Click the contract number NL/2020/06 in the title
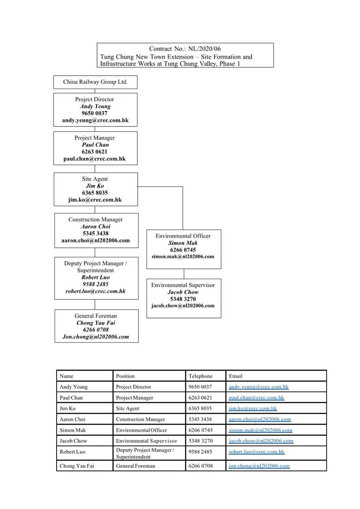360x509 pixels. pyautogui.click(x=204, y=49)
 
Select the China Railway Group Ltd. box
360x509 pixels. pyautogui.click(x=95, y=82)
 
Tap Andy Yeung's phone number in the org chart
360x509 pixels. pyautogui.click(x=94, y=113)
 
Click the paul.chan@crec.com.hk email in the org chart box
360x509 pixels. pyautogui.click(x=94, y=159)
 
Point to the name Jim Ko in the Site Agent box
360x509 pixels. pyautogui.click(x=95, y=186)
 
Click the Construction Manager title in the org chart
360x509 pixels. pyautogui.click(x=96, y=220)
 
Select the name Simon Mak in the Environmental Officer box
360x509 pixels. pyautogui.click(x=183, y=243)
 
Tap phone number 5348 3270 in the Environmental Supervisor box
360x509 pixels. pyautogui.click(x=183, y=299)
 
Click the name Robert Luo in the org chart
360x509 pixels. pyautogui.click(x=96, y=277)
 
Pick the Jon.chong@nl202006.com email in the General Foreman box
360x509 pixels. pyautogui.click(x=96, y=337)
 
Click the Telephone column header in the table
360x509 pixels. pyautogui.click(x=200, y=376)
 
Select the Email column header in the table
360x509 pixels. pyautogui.click(x=235, y=376)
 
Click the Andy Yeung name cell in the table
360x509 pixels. pyautogui.click(x=73, y=387)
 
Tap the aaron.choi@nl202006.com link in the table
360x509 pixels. pyautogui.click(x=260, y=419)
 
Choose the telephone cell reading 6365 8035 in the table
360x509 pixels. pyautogui.click(x=200, y=408)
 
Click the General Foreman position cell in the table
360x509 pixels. pyautogui.click(x=136, y=466)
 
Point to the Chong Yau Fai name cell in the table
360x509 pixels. pyautogui.click(x=77, y=466)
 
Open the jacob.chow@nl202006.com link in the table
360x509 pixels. pyautogui.click(x=261, y=441)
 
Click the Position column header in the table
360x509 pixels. pyautogui.click(x=125, y=376)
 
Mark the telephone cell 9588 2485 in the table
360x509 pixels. pyautogui.click(x=200, y=451)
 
